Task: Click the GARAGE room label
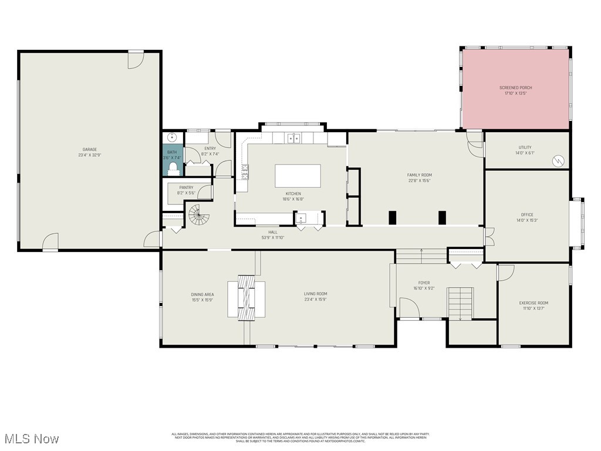89,149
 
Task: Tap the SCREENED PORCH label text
515,87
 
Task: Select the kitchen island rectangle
298,176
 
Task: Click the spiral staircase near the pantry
199,216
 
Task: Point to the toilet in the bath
173,169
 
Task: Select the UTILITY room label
525,147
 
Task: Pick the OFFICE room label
526,215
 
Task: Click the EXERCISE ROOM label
534,303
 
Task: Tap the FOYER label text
423,282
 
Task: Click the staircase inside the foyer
460,303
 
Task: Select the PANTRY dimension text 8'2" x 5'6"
186,193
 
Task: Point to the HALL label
273,232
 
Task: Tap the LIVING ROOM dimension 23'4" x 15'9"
315,299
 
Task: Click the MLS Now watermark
31,439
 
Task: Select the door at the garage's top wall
136,59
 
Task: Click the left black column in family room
392,217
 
